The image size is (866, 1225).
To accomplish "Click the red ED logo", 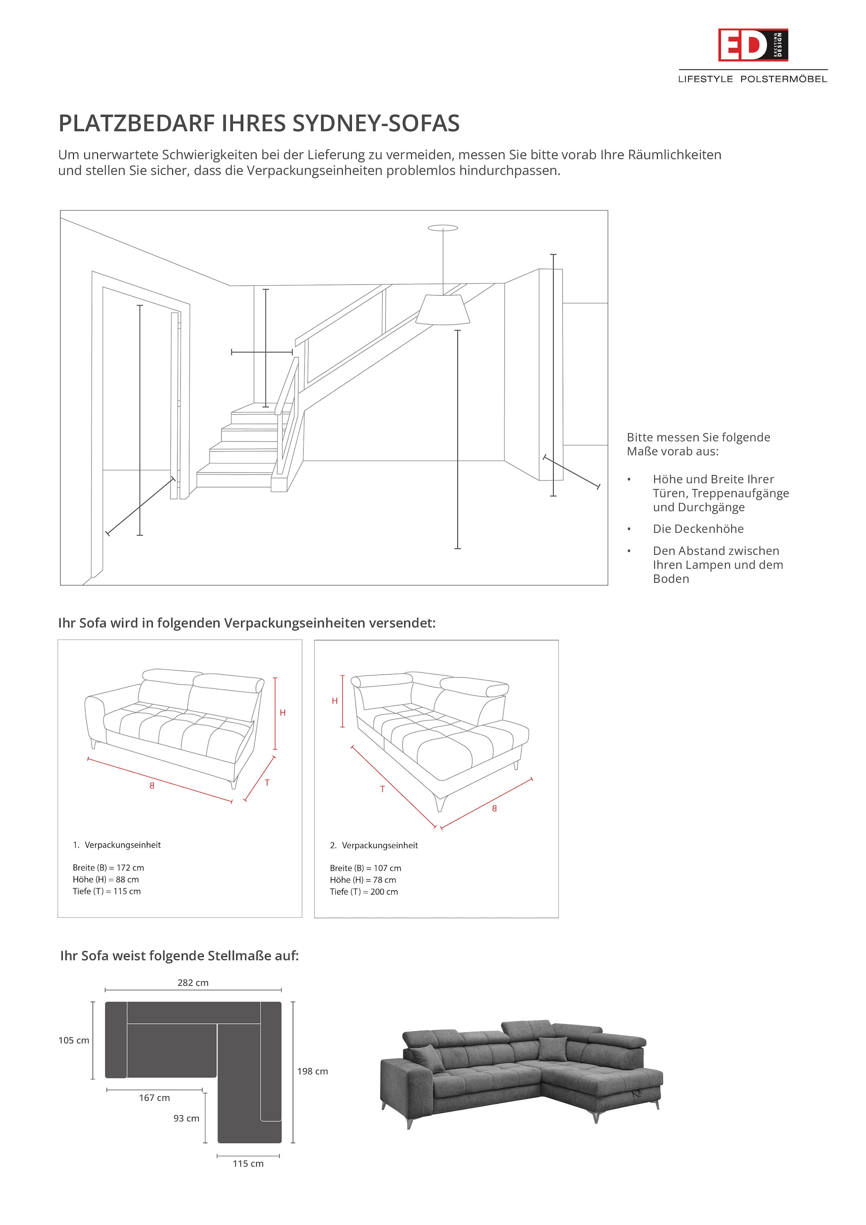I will tap(752, 45).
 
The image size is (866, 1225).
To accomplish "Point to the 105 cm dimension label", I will tap(74, 1040).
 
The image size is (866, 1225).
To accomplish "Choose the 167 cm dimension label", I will tap(154, 1098).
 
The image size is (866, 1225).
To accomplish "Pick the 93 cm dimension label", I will tap(186, 1118).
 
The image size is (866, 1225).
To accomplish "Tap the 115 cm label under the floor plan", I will tap(248, 1164).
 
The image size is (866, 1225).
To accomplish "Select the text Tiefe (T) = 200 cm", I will tap(364, 892).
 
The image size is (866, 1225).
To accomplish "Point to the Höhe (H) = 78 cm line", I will tap(363, 880).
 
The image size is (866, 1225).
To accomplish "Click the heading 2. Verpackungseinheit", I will tap(374, 846).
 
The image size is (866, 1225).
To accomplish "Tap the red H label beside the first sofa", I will tap(283, 713).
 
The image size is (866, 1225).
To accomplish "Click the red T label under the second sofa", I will tap(382, 789).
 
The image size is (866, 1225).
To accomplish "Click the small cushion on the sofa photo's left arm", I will tap(427, 1058).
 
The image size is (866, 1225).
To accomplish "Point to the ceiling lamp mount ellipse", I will tap(443, 228).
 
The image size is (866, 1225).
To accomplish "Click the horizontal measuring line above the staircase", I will tap(262, 352).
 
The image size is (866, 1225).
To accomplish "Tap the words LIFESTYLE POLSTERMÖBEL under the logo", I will tap(752, 79).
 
